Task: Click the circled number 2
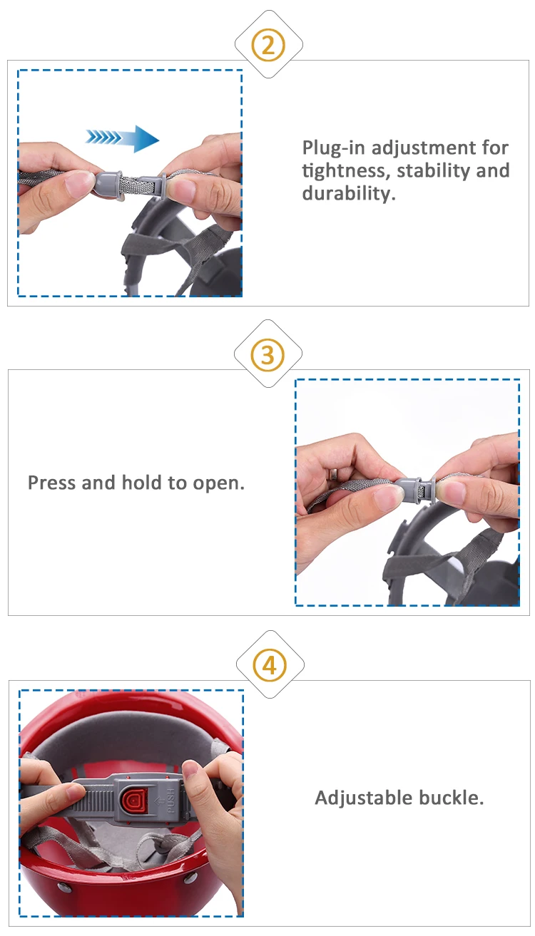[268, 44]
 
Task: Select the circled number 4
[270, 664]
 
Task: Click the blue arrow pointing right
[122, 138]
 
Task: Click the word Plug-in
[335, 148]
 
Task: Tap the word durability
[349, 193]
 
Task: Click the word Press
[52, 483]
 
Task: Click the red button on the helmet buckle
[135, 800]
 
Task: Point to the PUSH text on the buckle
[170, 800]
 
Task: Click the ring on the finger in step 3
[334, 474]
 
